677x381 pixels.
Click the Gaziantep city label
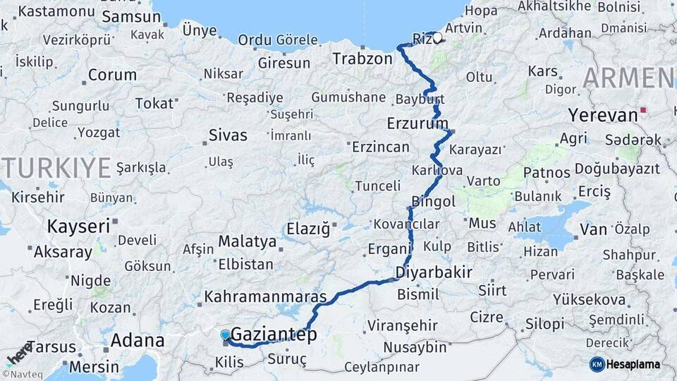pos(274,334)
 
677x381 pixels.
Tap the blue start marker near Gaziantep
pos(225,335)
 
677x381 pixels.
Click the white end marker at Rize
pos(437,38)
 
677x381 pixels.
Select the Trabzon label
pos(362,59)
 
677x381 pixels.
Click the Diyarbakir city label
pos(434,272)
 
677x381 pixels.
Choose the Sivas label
pos(228,135)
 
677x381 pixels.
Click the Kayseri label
pos(78,226)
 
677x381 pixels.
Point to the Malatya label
pos(247,241)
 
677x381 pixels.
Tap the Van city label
pos(593,229)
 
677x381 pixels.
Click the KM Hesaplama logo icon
pos(597,364)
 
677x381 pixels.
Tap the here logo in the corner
pos(18,351)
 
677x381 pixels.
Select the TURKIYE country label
pos(57,167)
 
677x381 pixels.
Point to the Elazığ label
pos(308,229)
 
